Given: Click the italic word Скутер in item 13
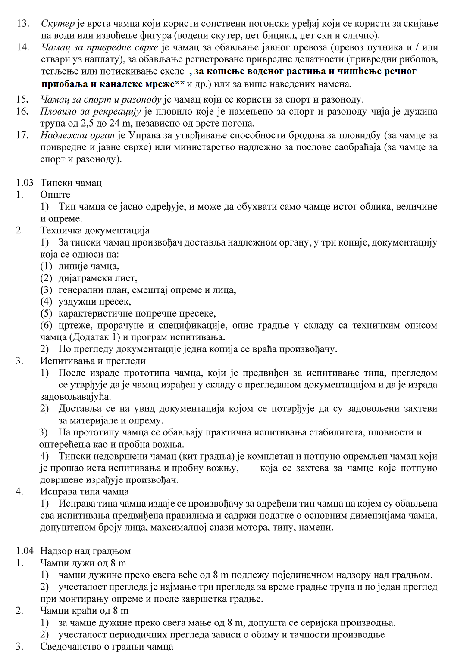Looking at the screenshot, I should point(58,23).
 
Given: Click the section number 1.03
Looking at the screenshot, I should point(25,183).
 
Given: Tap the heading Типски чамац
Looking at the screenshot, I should point(71,183).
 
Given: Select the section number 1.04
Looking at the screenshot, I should point(25,551).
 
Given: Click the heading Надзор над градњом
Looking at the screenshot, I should point(85,551).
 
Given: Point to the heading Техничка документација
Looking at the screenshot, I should point(95,230).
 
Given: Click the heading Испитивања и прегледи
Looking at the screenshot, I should point(93,361).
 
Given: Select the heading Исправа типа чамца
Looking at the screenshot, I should point(85,491).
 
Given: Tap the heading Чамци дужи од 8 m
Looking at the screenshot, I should point(83,563).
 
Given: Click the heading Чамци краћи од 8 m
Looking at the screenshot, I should point(85,611).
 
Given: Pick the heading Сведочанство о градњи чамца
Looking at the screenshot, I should point(107,647).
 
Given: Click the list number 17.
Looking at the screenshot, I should point(22,135).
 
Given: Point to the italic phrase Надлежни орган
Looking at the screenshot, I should point(78,135).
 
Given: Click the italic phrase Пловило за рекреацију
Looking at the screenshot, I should point(91,112).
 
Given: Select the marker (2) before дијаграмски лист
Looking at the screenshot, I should point(46,278).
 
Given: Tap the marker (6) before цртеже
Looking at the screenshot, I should point(46,326).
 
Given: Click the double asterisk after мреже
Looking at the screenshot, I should point(180,83).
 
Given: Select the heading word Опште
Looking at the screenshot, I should point(55,195).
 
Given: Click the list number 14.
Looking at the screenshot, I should point(22,47).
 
